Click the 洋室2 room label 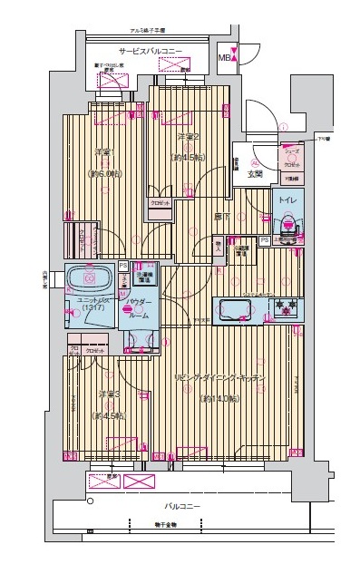click(x=188, y=136)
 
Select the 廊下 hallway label click(x=220, y=216)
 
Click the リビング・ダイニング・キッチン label click(x=220, y=376)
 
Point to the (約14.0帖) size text click(x=220, y=397)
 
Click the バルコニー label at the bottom click(x=182, y=507)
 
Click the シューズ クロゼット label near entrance click(x=290, y=160)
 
